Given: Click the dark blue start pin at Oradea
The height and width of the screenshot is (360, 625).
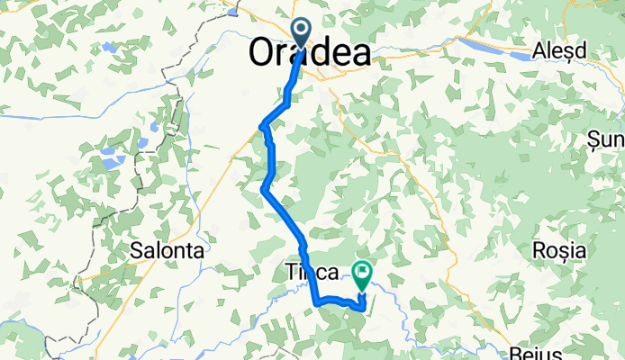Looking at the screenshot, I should point(302,31).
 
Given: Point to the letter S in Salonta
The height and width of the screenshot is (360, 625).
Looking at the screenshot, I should point(137,251).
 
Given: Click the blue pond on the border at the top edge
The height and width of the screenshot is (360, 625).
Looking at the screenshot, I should point(235,9).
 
